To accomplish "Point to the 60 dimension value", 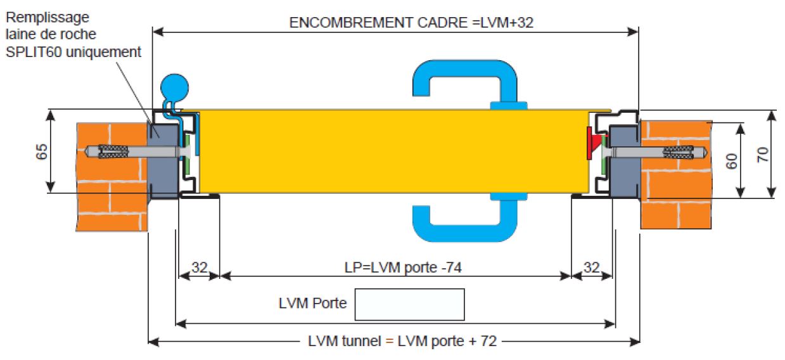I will click(732, 160).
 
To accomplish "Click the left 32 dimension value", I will click(200, 267).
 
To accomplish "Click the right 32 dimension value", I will click(591, 267).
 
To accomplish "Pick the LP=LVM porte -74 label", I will click(398, 267).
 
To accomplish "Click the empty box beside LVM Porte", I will click(409, 304).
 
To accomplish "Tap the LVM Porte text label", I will click(312, 303).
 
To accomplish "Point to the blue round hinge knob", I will click(175, 84).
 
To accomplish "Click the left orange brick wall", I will click(111, 177).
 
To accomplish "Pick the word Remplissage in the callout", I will click(48, 16).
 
